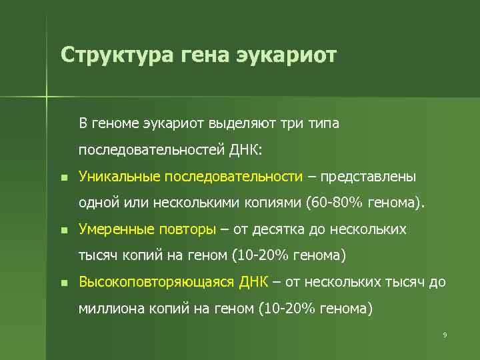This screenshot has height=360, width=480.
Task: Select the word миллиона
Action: coord(108,309)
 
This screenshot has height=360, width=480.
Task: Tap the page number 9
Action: coord(445,334)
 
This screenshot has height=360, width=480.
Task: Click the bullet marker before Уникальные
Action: coord(63,178)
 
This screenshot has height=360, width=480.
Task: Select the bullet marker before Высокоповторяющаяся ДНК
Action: coord(63,283)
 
